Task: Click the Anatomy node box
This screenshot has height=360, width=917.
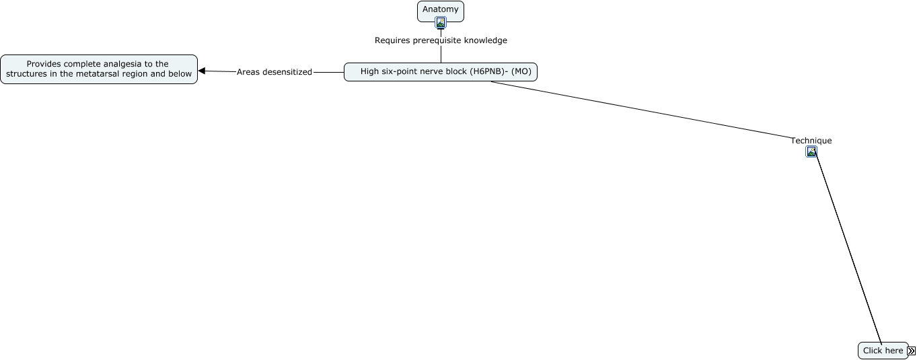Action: tap(441, 11)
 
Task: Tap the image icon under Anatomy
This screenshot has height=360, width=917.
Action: tap(441, 22)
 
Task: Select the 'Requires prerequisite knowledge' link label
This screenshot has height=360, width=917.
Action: tap(441, 40)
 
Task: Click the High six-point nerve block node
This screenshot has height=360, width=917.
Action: tap(441, 72)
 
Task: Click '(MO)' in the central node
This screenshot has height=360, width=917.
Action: tap(521, 72)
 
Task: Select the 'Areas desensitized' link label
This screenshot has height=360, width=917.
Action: tap(274, 72)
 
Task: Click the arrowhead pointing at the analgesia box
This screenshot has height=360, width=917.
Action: tap(202, 71)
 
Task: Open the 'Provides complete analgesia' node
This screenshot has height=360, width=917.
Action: tap(99, 69)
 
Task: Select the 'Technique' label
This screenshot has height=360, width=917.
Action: tap(811, 141)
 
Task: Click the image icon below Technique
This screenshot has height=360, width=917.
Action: tap(811, 151)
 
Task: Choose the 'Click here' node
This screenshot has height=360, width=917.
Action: tap(883, 351)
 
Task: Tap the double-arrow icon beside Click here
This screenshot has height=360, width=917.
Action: tap(911, 351)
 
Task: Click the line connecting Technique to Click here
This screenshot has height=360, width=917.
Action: tap(848, 248)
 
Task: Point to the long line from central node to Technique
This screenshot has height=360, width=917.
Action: tap(642, 110)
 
